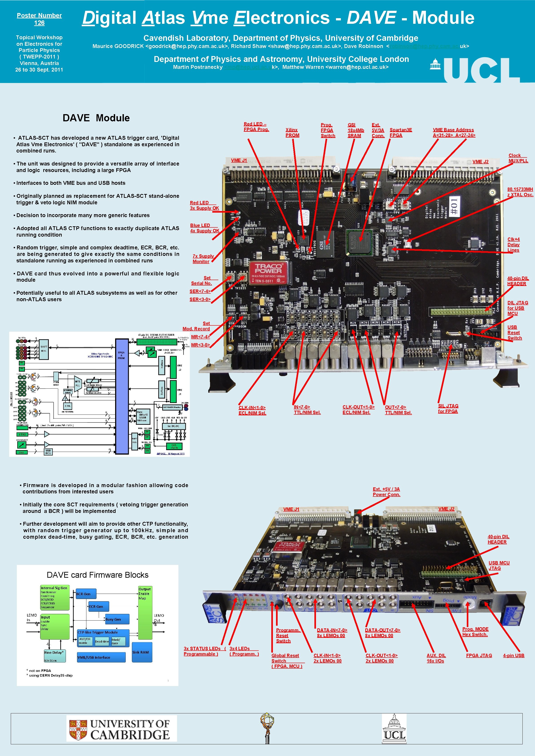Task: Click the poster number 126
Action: [x=39, y=23]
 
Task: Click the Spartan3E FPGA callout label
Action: [x=400, y=132]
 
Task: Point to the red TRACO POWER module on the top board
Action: [x=268, y=273]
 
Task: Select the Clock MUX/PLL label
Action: [x=518, y=158]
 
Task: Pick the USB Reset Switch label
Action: [x=514, y=333]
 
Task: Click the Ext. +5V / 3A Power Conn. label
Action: [x=386, y=492]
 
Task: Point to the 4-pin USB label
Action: [x=513, y=655]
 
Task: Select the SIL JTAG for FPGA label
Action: [x=448, y=408]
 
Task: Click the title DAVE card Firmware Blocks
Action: [x=98, y=575]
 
